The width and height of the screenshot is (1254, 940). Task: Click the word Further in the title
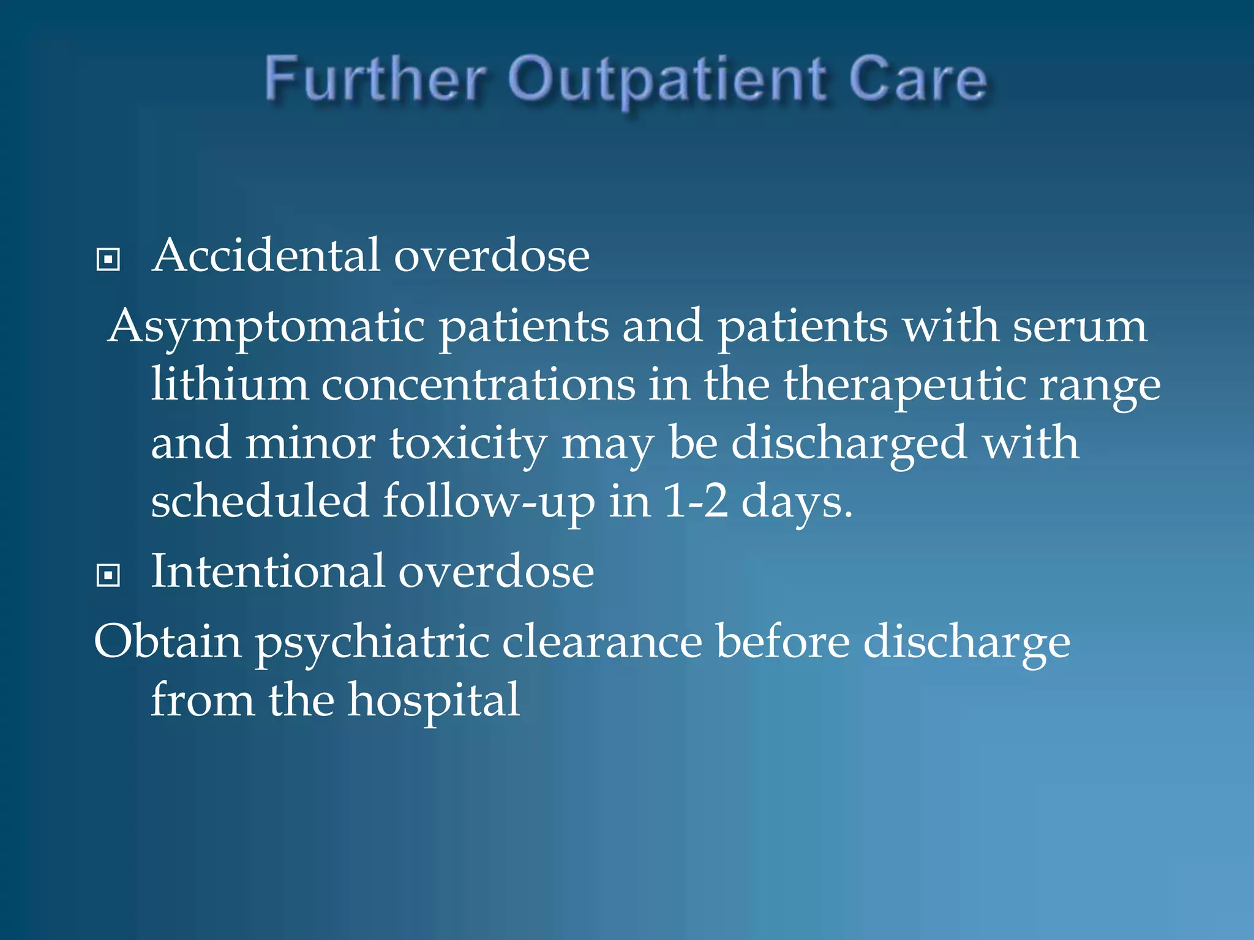(375, 80)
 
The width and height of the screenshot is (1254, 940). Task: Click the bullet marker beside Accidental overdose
(108, 259)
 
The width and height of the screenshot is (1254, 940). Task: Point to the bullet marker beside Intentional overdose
(108, 575)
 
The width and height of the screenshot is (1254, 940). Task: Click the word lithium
(230, 384)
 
